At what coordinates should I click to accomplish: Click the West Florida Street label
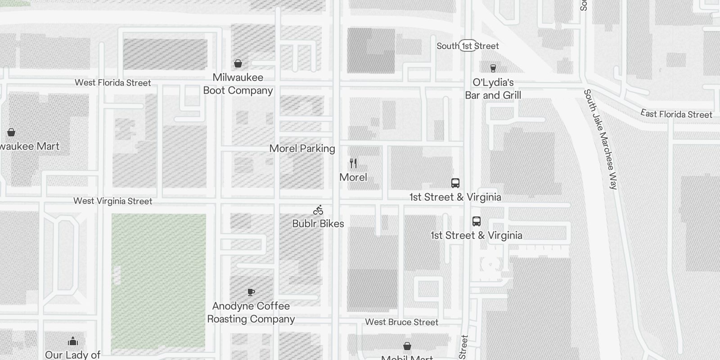tap(112, 83)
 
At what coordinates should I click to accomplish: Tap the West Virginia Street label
tap(112, 201)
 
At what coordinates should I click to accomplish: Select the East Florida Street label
tap(676, 114)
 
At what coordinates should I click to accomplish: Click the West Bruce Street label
tap(401, 322)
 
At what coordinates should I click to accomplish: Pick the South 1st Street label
tap(468, 46)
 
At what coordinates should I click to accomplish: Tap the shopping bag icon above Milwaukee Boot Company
tap(238, 63)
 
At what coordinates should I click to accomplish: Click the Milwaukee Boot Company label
tap(238, 84)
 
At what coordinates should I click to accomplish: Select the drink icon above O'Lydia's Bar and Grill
tap(493, 68)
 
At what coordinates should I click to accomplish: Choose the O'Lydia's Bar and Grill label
tap(493, 89)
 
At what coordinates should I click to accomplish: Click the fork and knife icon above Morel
tap(353, 163)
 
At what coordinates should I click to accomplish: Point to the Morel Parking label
tap(302, 148)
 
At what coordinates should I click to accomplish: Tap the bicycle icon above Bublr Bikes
tap(318, 210)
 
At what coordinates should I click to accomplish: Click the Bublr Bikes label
tap(318, 224)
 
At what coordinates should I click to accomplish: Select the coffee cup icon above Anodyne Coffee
tap(251, 292)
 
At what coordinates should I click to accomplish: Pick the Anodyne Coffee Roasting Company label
tap(251, 313)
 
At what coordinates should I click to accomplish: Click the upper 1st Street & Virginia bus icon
tap(455, 183)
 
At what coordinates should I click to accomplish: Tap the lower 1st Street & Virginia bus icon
tap(477, 221)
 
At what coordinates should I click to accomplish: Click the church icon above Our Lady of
tap(73, 341)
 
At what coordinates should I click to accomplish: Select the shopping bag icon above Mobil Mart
tap(407, 346)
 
